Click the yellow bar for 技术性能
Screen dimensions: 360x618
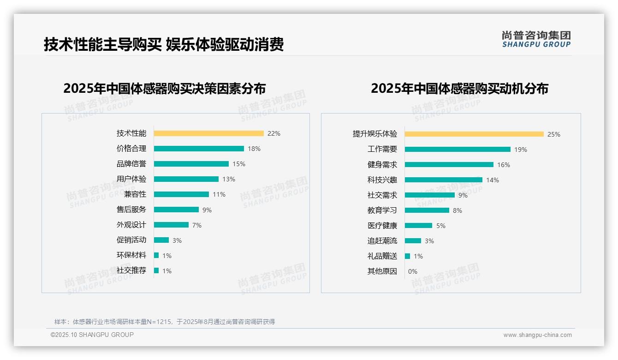click(208, 133)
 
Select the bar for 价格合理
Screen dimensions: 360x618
click(199, 149)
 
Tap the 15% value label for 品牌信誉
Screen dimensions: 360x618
click(239, 164)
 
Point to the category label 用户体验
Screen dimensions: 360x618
click(131, 179)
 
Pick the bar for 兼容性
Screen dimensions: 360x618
click(181, 194)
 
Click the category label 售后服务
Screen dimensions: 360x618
click(131, 210)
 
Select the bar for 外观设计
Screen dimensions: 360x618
click(171, 225)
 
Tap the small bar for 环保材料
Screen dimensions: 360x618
click(156, 255)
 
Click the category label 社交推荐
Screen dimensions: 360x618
click(131, 270)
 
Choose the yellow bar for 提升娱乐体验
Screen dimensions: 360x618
click(474, 134)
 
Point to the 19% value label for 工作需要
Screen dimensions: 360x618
click(521, 150)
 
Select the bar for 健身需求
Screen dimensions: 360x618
click(449, 165)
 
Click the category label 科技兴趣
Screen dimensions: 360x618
click(382, 180)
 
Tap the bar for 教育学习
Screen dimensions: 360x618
click(427, 210)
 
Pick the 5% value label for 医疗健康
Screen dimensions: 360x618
click(441, 226)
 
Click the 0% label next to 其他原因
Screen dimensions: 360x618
click(413, 271)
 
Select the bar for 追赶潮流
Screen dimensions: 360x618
click(413, 241)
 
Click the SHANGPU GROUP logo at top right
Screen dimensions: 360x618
click(536, 39)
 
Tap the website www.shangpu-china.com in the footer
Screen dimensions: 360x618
click(537, 335)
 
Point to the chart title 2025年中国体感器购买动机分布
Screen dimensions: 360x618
click(459, 88)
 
